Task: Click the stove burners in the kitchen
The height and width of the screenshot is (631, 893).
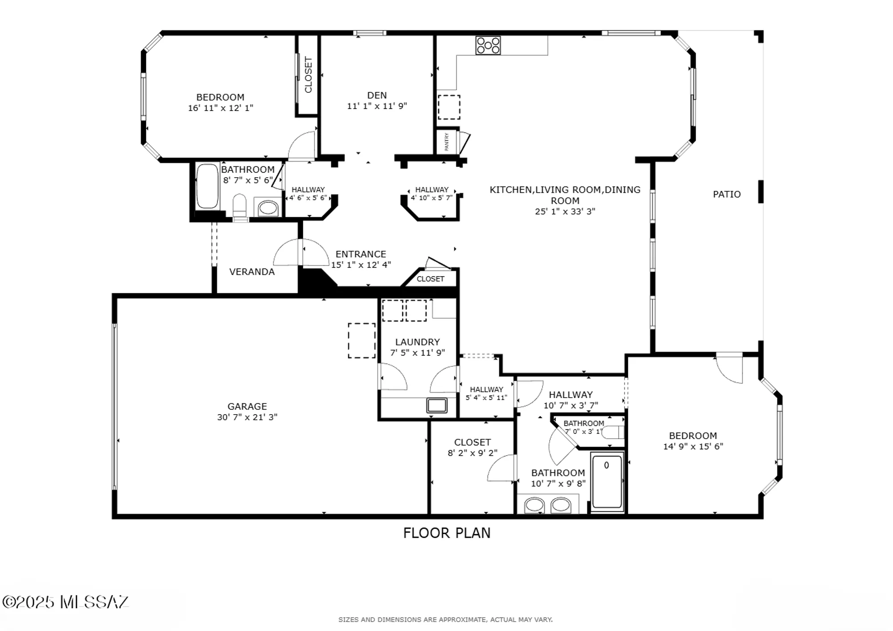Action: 488,46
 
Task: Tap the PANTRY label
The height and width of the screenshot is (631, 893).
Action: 446,142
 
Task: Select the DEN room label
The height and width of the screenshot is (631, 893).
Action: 377,95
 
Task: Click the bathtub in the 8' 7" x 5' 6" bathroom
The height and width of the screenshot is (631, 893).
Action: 207,187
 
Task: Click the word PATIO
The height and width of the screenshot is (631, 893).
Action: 726,194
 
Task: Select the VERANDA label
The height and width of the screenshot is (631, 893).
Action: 252,272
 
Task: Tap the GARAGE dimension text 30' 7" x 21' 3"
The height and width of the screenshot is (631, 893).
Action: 247,417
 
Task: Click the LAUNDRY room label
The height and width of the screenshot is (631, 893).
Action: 417,342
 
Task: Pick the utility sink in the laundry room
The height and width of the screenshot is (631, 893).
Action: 437,405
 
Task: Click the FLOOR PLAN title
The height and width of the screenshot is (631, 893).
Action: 446,533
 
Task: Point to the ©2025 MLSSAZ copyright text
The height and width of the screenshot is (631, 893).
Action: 65,602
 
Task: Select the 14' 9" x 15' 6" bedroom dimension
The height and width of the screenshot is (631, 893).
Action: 693,446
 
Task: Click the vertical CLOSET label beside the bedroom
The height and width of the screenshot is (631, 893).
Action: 308,75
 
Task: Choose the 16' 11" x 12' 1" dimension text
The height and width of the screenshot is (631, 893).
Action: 220,108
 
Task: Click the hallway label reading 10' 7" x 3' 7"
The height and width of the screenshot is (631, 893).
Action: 571,406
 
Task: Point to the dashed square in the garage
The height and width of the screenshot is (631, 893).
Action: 362,340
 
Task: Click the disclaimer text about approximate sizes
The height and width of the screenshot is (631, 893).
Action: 445,619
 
